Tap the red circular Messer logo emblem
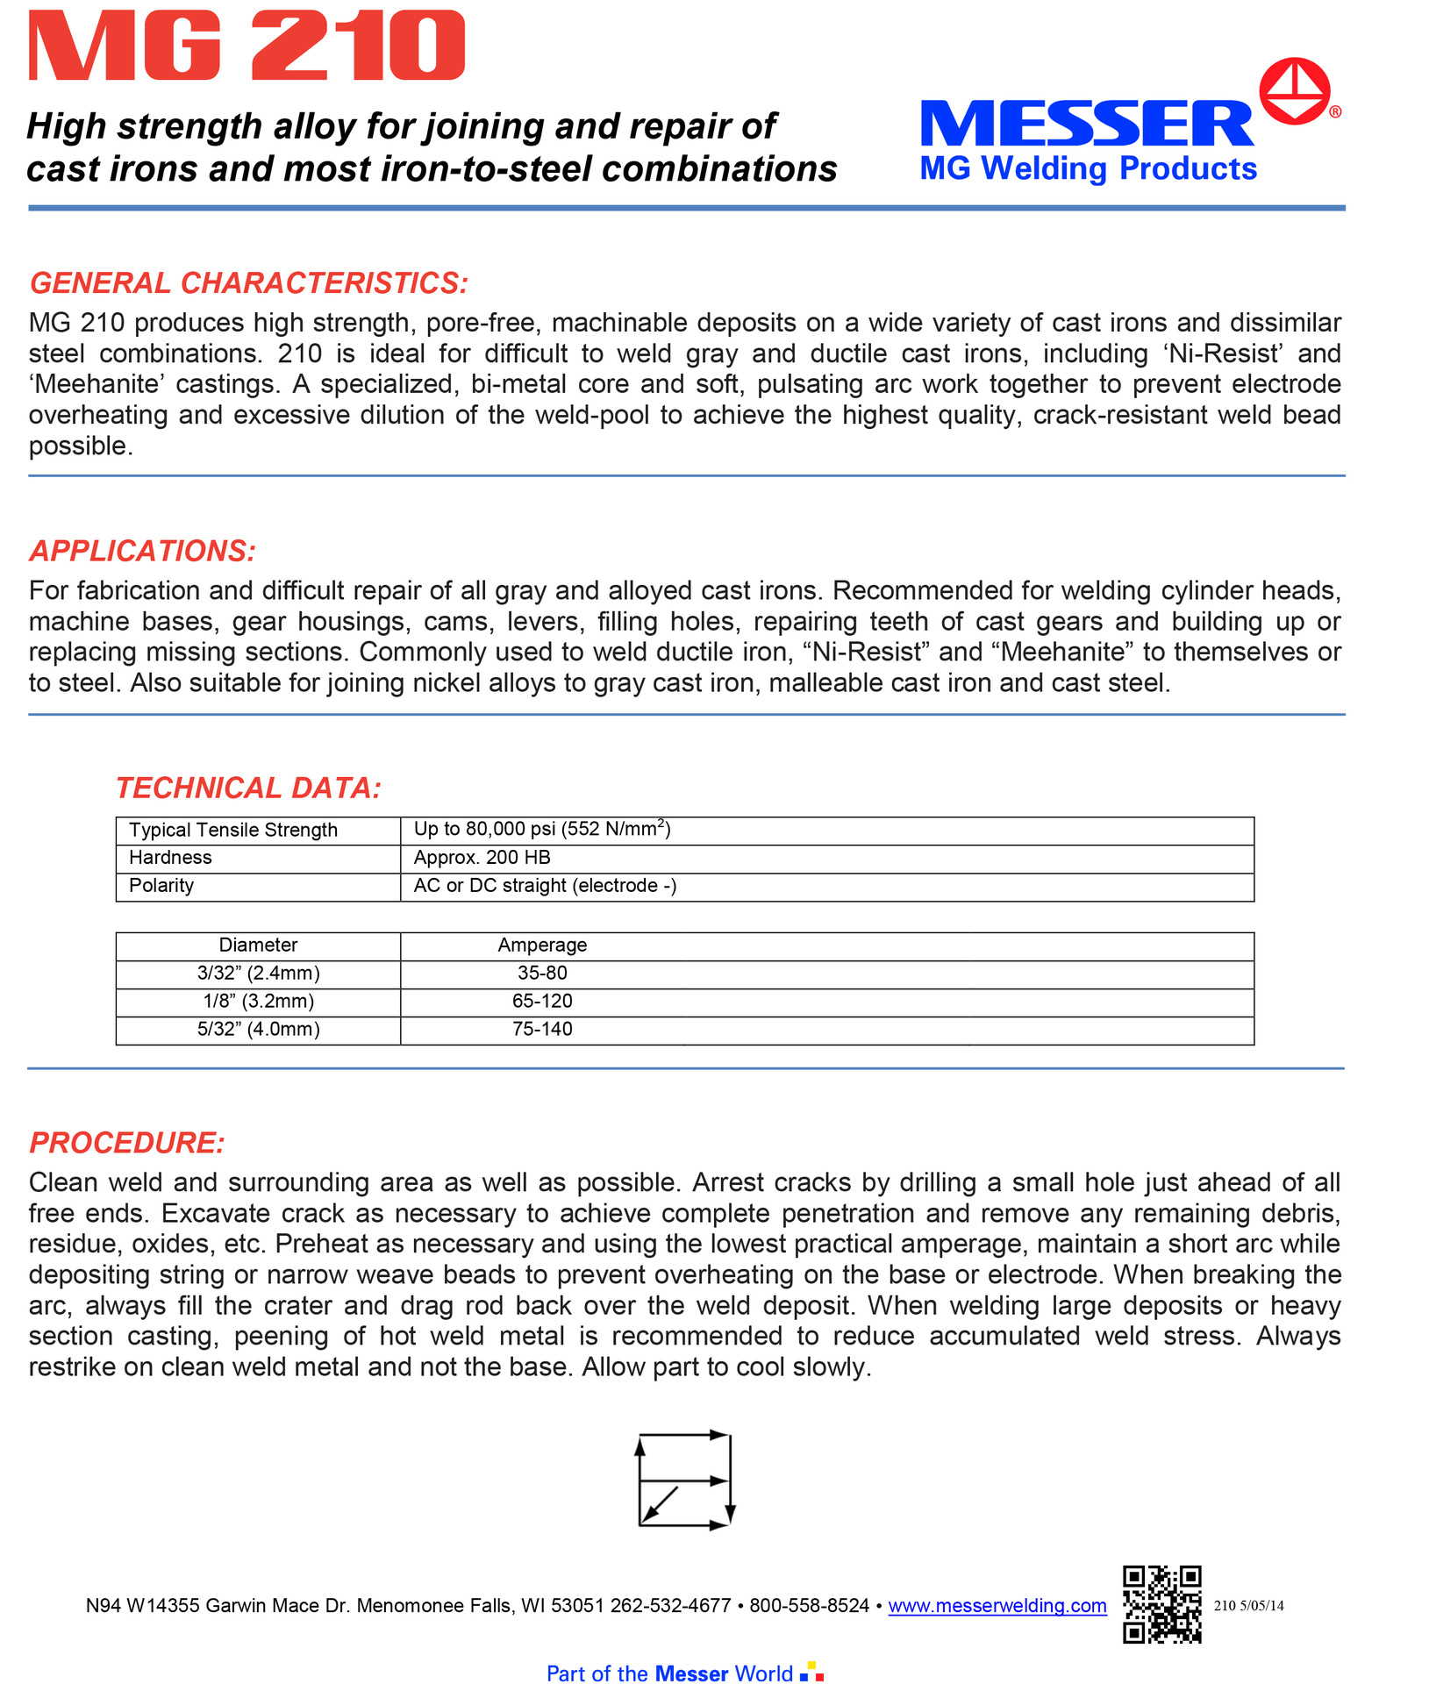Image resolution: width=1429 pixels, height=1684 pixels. tap(1294, 91)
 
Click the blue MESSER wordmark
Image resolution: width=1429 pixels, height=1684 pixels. tap(1086, 124)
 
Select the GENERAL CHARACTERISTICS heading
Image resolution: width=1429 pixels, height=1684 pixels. tap(249, 283)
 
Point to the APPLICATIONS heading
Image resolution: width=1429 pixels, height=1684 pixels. tap(142, 551)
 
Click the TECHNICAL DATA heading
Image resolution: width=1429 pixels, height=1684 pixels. tap(248, 788)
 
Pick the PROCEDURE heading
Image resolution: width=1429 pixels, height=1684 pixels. tap(127, 1143)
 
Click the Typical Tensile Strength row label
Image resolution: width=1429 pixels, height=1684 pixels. tap(233, 830)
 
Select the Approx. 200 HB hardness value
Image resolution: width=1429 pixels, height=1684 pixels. tap(482, 858)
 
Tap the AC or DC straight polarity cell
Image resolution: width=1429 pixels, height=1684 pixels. tap(545, 886)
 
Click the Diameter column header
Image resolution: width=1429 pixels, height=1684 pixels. tap(258, 945)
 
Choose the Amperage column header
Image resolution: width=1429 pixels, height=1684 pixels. tap(542, 945)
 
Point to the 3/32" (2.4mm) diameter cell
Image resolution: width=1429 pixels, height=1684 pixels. tap(258, 974)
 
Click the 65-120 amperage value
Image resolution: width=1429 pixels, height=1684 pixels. tap(542, 1002)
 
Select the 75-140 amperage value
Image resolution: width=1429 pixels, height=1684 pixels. tap(542, 1030)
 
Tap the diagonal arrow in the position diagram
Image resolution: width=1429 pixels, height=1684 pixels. tap(661, 1503)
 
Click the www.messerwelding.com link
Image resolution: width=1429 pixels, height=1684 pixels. tap(997, 1606)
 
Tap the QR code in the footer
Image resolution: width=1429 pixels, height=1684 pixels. tap(1161, 1604)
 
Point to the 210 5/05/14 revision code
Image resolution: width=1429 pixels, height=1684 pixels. tap(1248, 1606)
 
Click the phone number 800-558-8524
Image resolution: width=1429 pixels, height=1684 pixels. tap(809, 1606)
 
